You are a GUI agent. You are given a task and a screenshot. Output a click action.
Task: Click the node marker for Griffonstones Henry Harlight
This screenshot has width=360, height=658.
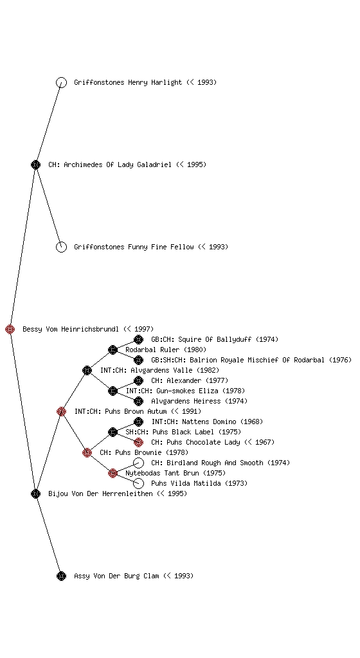[x=61, y=82]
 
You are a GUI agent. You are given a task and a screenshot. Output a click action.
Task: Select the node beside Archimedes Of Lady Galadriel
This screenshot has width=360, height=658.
[x=35, y=164]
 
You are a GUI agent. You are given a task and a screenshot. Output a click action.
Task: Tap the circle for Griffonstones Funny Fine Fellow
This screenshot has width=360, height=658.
[x=61, y=247]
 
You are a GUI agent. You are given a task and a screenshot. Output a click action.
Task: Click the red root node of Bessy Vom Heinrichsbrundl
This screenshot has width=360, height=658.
[x=10, y=329]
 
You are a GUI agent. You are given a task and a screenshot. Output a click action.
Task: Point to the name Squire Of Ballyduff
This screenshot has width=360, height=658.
[x=215, y=339]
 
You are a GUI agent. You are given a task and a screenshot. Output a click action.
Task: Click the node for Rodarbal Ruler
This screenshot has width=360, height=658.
[x=113, y=350]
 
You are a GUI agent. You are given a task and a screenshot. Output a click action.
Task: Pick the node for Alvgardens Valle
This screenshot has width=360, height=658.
[x=87, y=370]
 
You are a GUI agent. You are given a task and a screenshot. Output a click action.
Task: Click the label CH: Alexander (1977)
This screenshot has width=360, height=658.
[x=190, y=380]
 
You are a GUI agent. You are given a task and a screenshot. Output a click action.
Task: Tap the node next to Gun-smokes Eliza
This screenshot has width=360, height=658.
[x=113, y=391]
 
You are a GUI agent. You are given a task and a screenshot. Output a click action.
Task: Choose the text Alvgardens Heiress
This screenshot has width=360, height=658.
[x=186, y=401]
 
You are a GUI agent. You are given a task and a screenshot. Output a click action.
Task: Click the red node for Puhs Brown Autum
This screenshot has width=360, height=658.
[x=61, y=411]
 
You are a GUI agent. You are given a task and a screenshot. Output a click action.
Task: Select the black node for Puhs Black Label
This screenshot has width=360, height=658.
[x=113, y=432]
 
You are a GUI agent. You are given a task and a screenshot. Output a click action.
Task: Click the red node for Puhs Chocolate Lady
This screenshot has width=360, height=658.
[x=138, y=442]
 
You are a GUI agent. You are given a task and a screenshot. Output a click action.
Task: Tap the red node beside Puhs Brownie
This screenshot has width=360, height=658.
[x=87, y=452]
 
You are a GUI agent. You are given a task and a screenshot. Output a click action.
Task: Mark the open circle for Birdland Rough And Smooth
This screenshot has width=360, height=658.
[x=138, y=463]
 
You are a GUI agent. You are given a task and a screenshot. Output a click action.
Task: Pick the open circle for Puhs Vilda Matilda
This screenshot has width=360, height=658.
[x=138, y=483]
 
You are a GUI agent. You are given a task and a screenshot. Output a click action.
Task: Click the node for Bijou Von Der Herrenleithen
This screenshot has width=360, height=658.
[x=35, y=493]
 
